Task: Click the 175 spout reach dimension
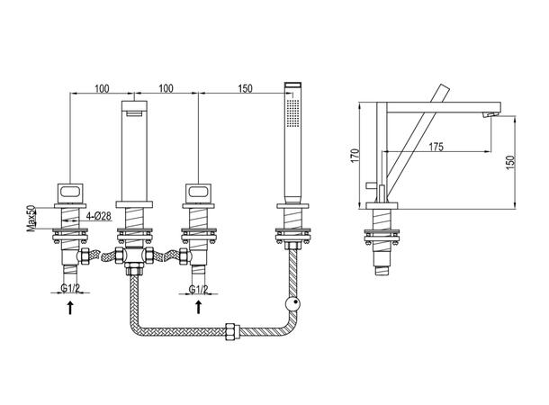point(436,147)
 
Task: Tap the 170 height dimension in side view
point(355,156)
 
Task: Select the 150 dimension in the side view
point(510,162)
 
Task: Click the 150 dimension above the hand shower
point(245,88)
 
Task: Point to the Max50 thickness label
point(31,219)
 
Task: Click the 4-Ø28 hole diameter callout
point(99,216)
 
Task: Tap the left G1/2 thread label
point(70,288)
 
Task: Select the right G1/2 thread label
point(198,290)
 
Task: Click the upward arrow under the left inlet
point(70,307)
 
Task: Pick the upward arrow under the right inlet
point(199,307)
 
